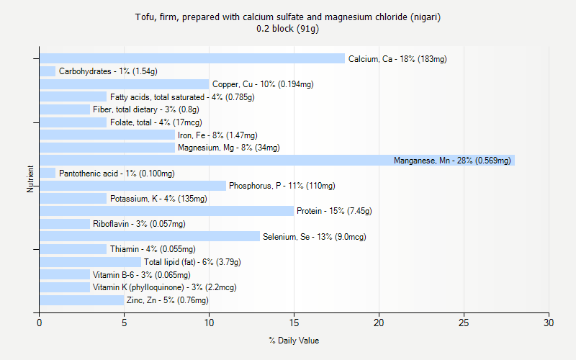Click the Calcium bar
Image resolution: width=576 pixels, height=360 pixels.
tap(192, 58)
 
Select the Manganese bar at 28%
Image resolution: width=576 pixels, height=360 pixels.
tap(277, 160)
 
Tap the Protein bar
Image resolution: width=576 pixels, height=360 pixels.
tap(166, 211)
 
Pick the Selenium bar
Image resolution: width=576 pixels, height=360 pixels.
tap(150, 236)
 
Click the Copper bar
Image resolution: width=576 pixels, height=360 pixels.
tap(124, 84)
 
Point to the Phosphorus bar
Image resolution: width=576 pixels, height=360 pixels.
tap(132, 186)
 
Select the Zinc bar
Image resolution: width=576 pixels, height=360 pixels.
tap(82, 300)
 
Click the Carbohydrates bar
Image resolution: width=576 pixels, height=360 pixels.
tap(48, 71)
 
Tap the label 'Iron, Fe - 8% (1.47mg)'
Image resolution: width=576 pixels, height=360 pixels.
tap(217, 135)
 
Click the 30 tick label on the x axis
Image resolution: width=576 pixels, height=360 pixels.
tap(549, 323)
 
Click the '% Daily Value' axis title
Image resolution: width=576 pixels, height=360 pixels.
tap(294, 341)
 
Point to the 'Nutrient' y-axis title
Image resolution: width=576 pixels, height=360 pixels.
tap(31, 179)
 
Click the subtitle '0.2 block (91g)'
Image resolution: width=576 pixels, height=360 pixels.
tap(288, 29)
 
